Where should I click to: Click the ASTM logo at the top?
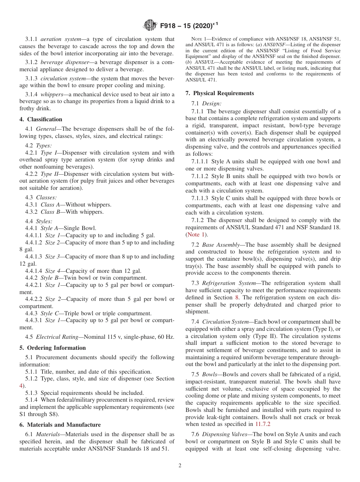pyautogui.click(x=150, y=25)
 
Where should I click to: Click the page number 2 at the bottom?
pyautogui.click(x=180, y=466)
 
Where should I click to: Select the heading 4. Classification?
pyautogui.click(x=41, y=119)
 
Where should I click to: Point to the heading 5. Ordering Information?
pyautogui.click(x=52, y=348)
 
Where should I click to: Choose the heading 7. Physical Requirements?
pyautogui.click(x=220, y=93)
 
